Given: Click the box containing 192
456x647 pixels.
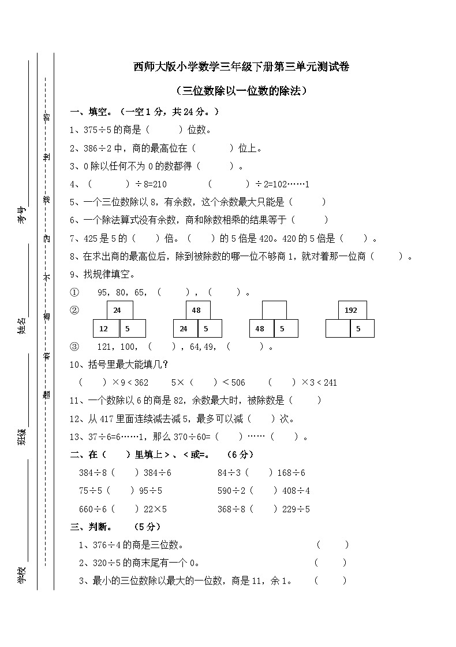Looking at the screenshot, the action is click(350, 310).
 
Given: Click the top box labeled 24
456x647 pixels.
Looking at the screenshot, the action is click(117, 310).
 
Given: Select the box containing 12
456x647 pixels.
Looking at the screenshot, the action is click(106, 328).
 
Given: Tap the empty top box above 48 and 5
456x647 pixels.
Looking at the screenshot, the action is click(274, 310).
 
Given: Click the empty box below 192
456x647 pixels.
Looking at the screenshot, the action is click(338, 328).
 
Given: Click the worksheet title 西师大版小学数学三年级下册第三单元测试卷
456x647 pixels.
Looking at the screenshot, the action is click(241, 68).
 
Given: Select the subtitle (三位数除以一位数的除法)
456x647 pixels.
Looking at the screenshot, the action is click(241, 91).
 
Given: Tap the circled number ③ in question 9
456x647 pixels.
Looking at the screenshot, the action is click(74, 347).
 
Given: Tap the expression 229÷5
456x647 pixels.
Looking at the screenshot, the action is click(296, 509).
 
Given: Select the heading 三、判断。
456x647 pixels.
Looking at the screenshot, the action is click(92, 527).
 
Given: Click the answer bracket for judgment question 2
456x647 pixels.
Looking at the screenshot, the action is click(331, 563).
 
